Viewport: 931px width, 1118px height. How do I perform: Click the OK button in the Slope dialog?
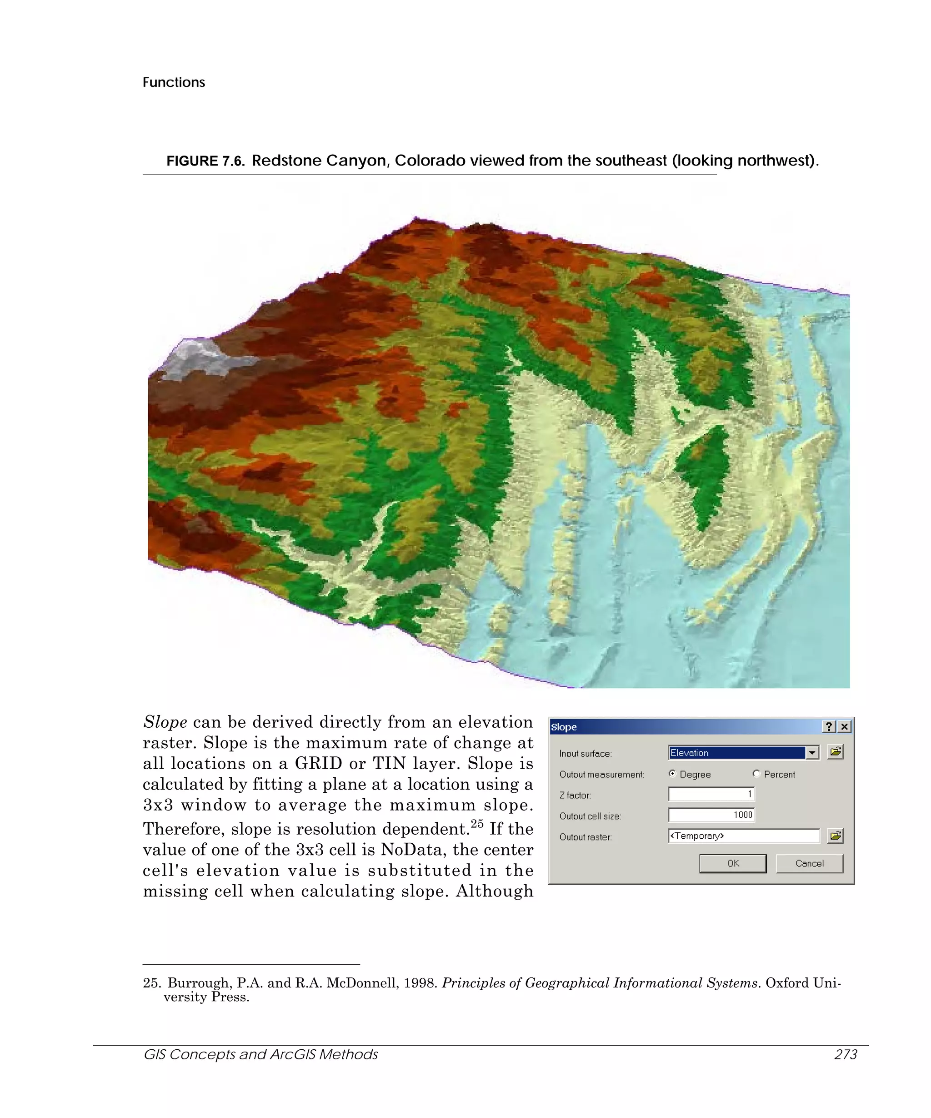732,863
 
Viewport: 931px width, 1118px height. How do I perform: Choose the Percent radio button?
756,774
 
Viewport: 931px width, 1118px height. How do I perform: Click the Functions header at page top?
174,82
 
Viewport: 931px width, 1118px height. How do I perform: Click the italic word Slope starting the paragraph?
165,722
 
